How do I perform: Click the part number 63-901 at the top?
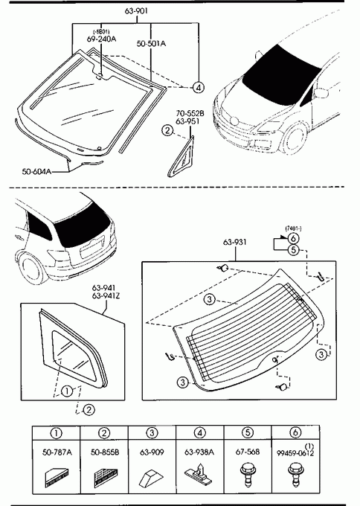click(136, 11)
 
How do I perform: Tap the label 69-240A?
click(101, 39)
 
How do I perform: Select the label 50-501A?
click(151, 44)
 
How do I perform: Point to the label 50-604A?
click(36, 171)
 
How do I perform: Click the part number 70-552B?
click(190, 113)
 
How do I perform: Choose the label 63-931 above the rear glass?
click(234, 242)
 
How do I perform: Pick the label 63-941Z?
click(106, 295)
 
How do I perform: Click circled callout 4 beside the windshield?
click(199, 87)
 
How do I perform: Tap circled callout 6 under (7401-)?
click(293, 239)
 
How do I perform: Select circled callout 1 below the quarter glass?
click(67, 391)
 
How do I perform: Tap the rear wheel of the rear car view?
click(31, 269)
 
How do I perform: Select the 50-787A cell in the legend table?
click(57, 467)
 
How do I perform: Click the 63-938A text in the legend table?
click(199, 452)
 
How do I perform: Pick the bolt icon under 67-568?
click(248, 475)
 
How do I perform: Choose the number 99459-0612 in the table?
click(295, 453)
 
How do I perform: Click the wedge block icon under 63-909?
click(152, 478)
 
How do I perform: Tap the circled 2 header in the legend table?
click(104, 433)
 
